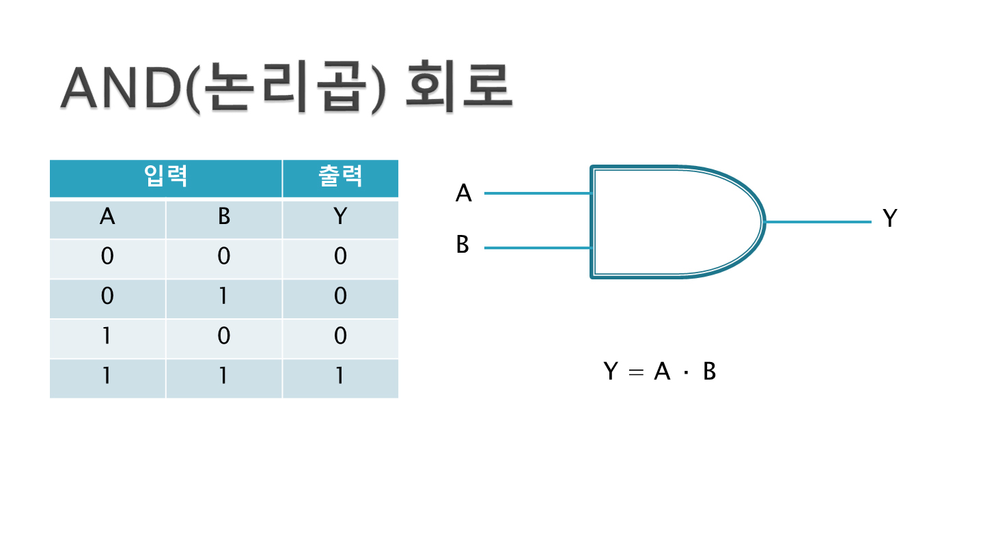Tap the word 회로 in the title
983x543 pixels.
tap(458, 89)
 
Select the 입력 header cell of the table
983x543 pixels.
tap(166, 178)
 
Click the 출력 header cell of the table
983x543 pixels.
tap(340, 178)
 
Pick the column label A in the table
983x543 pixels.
tap(107, 217)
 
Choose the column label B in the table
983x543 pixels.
tap(223, 217)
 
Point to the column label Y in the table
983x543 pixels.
tap(340, 217)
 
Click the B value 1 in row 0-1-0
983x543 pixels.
tap(223, 296)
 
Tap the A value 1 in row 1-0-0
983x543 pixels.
tap(107, 336)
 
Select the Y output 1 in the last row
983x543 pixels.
tap(340, 376)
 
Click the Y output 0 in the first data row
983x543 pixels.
tap(340, 257)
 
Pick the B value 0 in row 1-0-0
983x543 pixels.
tap(223, 336)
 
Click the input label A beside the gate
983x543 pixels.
tap(464, 194)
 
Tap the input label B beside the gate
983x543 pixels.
tap(463, 245)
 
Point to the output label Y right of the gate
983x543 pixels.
tap(889, 219)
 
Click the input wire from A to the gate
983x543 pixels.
tap(537, 193)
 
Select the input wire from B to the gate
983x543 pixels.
tap(537, 248)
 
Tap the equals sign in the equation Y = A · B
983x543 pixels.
tap(635, 373)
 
